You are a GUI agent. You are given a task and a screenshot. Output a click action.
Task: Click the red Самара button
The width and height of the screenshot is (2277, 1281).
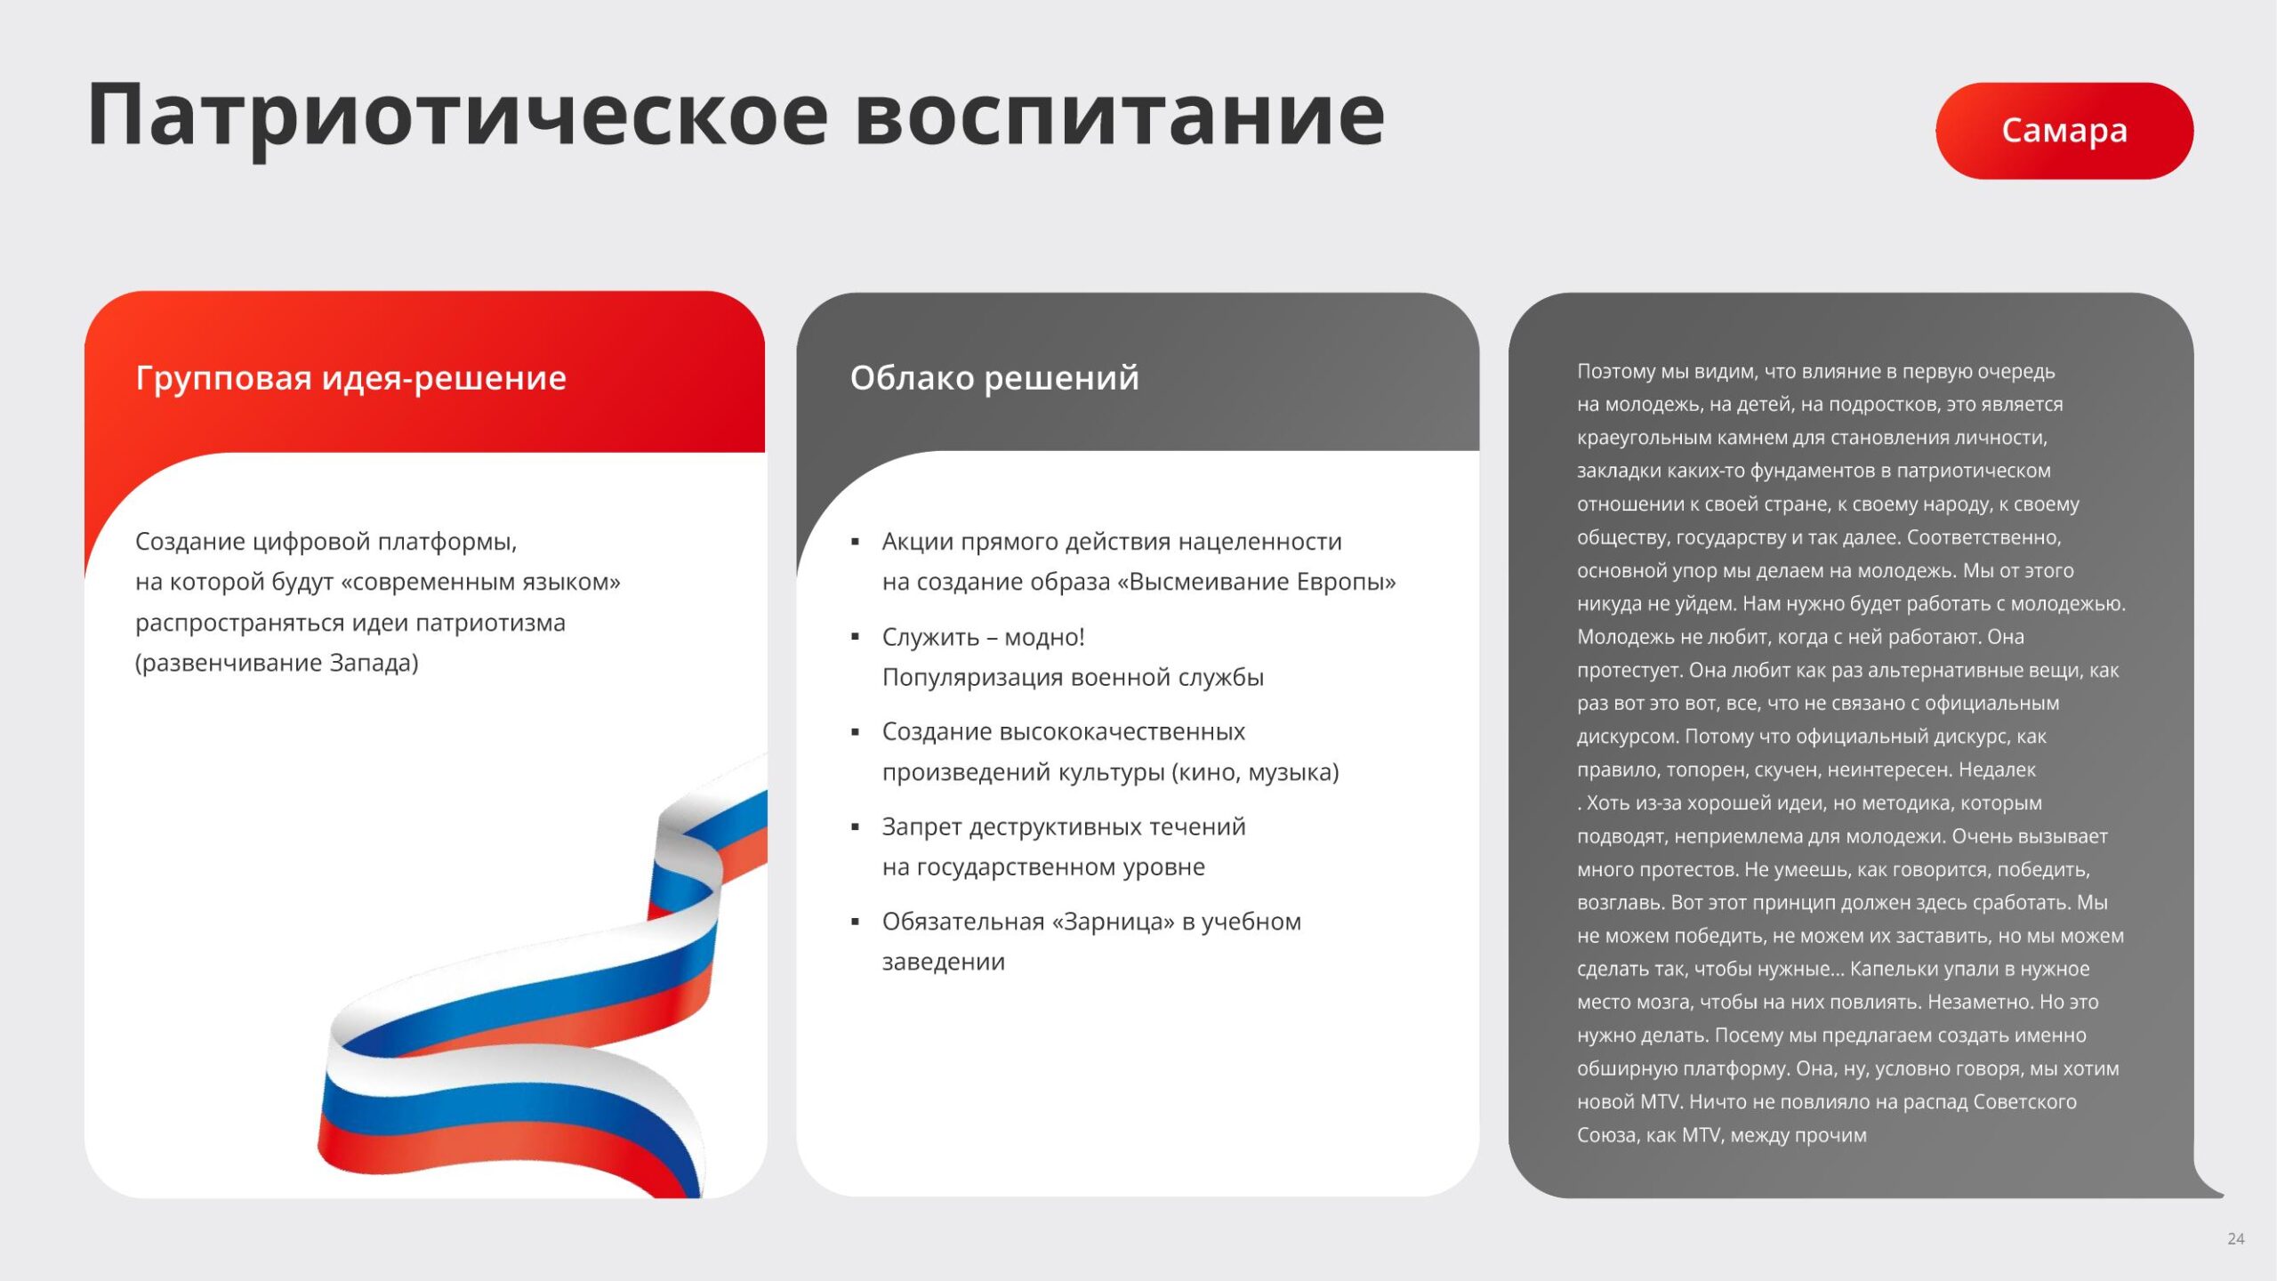2064,131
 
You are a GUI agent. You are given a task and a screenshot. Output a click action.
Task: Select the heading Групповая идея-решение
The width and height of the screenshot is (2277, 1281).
350,379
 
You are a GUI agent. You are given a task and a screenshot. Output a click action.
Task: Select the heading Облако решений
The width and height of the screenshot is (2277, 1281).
994,379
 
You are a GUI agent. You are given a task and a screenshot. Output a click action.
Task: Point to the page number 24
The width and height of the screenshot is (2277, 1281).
2236,1238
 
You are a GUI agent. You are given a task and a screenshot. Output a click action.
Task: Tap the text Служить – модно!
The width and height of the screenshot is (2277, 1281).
983,637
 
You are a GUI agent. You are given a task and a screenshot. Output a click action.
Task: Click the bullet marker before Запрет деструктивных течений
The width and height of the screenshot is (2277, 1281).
855,827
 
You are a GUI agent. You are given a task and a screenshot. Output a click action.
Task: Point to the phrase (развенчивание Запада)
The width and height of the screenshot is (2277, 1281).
277,664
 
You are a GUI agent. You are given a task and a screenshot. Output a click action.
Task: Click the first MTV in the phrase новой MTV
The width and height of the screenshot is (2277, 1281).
1660,1102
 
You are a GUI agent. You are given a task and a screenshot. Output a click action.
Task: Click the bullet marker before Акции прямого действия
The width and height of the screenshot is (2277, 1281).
855,542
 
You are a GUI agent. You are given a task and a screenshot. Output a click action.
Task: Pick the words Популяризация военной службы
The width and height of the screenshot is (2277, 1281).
1073,678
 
